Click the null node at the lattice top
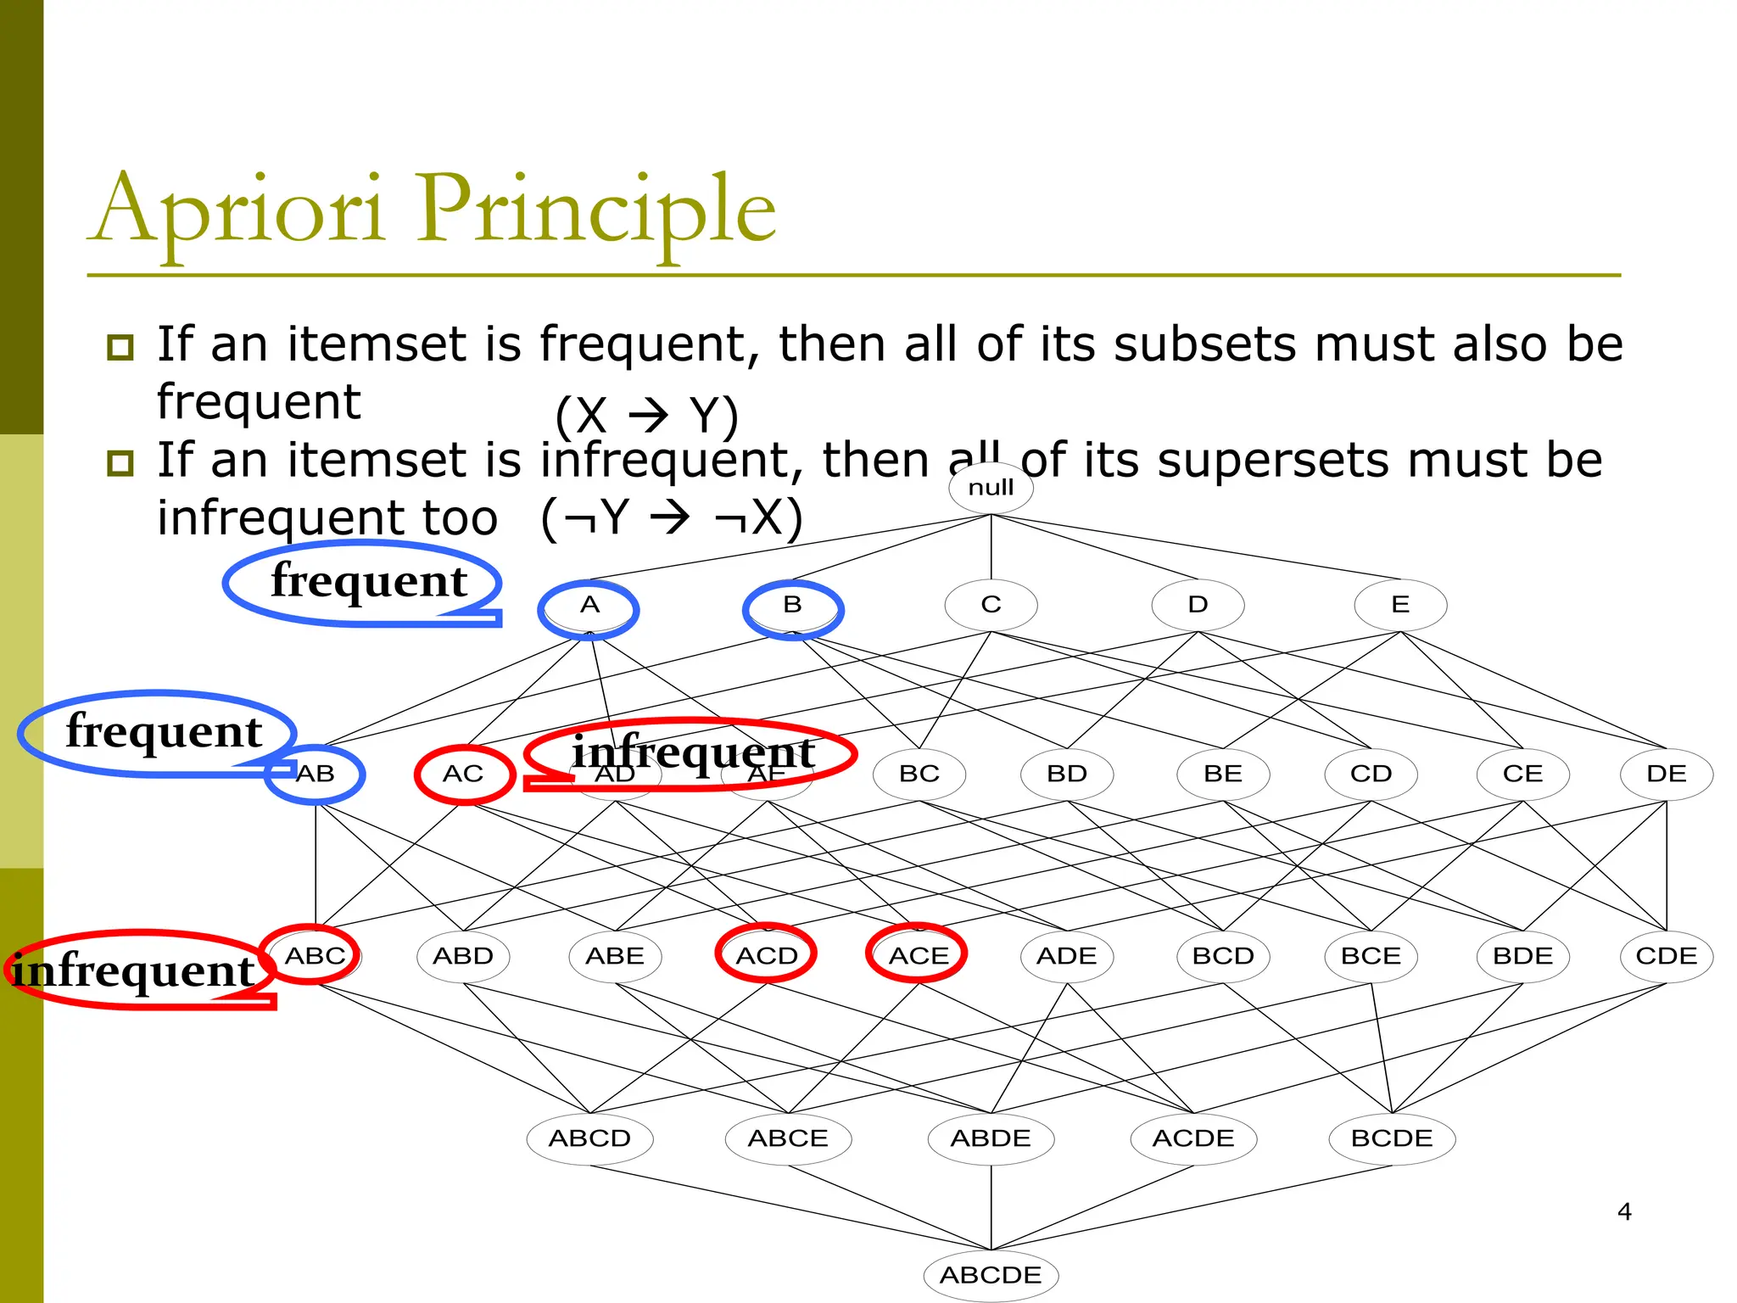pos(991,488)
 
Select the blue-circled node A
pos(589,606)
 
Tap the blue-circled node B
pos(792,606)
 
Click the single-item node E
pos(1400,605)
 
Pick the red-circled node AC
pos(463,774)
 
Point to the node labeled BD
pos(1067,774)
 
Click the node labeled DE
pos(1666,774)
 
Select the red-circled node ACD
pos(767,956)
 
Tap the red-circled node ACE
pos(919,956)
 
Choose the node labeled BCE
pos(1371,956)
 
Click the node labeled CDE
pos(1666,956)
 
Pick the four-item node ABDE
pos(991,1138)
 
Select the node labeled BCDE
pos(1392,1138)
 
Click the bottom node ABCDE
pos(991,1275)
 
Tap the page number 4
pos(1624,1211)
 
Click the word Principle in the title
pos(595,210)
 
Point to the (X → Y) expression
pos(647,417)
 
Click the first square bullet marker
pos(120,347)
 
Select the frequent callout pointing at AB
pos(161,731)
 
